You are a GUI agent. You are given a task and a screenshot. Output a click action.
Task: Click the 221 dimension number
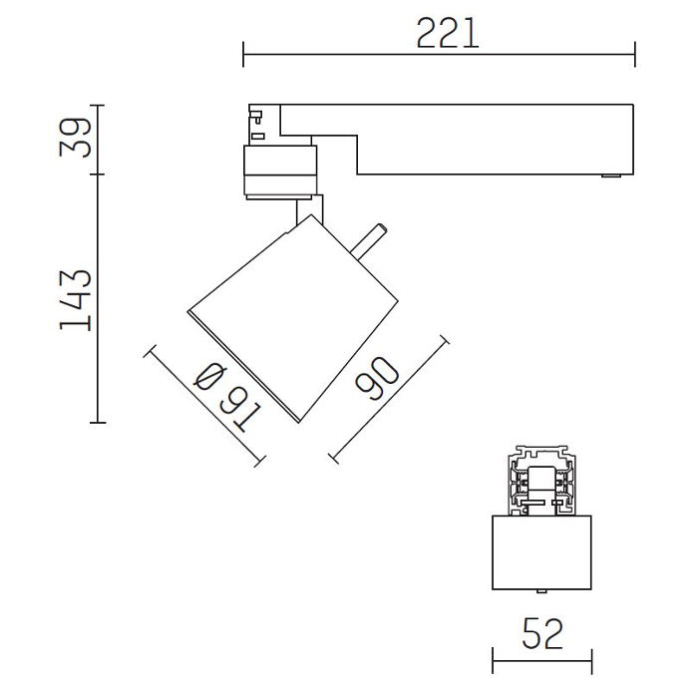pyautogui.click(x=448, y=33)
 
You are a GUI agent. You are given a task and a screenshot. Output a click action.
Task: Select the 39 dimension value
pyautogui.click(x=75, y=138)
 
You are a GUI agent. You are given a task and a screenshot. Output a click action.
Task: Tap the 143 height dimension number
pyautogui.click(x=75, y=300)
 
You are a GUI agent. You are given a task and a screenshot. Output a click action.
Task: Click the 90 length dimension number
pyautogui.click(x=377, y=378)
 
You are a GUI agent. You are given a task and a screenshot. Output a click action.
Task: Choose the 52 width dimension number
pyautogui.click(x=542, y=632)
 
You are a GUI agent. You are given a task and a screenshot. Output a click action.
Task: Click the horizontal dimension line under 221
pyautogui.click(x=439, y=55)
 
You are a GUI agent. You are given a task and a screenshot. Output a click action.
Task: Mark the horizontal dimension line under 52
pyautogui.click(x=542, y=661)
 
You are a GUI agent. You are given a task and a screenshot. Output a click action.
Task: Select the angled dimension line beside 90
pyautogui.click(x=389, y=400)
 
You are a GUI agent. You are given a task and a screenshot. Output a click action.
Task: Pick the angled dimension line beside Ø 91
pyautogui.click(x=204, y=406)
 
